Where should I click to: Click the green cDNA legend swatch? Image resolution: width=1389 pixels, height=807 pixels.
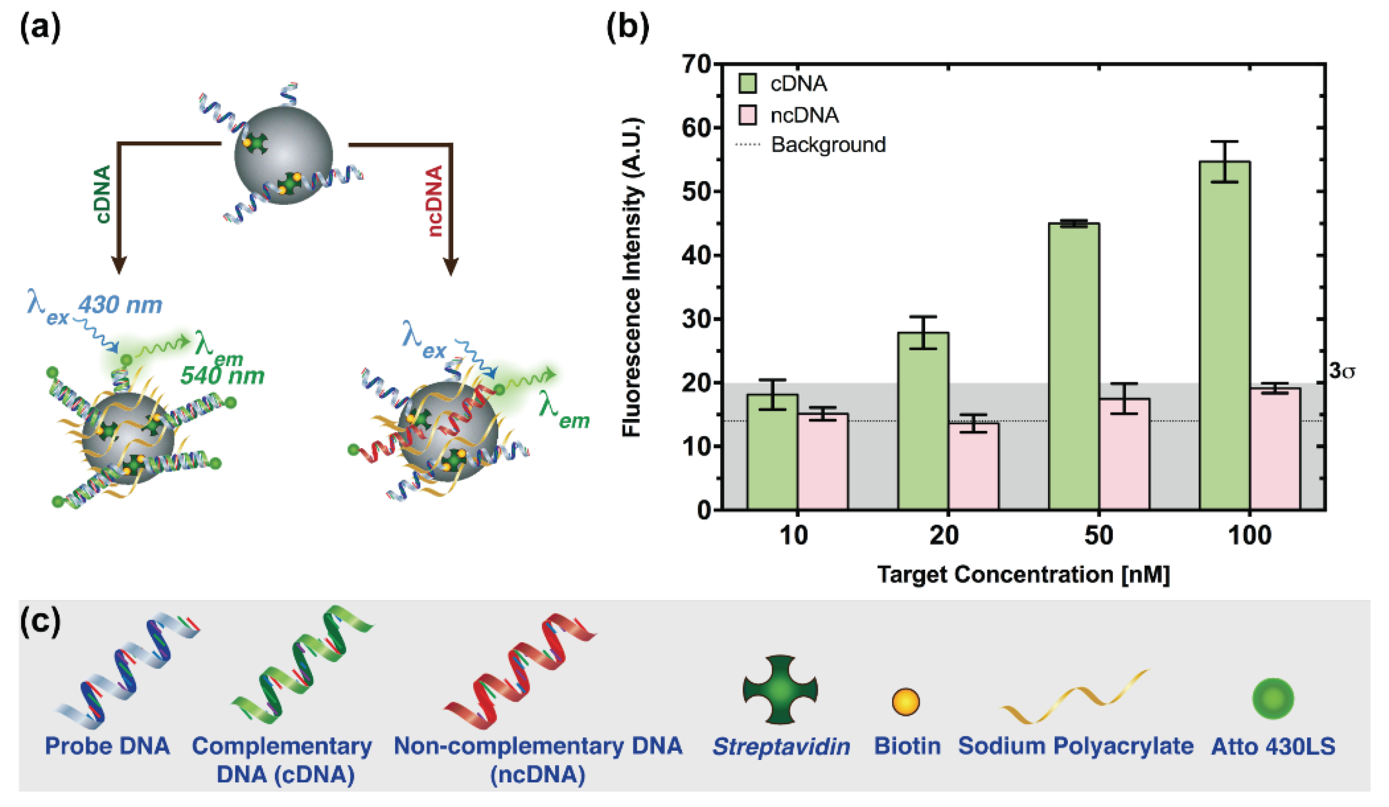[747, 84]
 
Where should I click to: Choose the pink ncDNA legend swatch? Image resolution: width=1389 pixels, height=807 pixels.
[747, 115]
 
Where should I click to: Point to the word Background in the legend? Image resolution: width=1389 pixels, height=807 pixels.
[828, 145]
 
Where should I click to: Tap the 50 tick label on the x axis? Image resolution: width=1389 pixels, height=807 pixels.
[1098, 535]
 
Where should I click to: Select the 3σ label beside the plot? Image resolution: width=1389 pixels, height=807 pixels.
[1342, 372]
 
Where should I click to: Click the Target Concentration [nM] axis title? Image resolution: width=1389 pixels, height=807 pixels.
[1023, 574]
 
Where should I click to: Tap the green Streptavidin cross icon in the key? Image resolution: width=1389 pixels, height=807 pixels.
[780, 689]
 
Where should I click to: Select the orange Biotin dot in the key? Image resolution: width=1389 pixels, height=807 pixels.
[906, 702]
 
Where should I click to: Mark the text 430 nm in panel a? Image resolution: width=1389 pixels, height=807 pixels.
[120, 304]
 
